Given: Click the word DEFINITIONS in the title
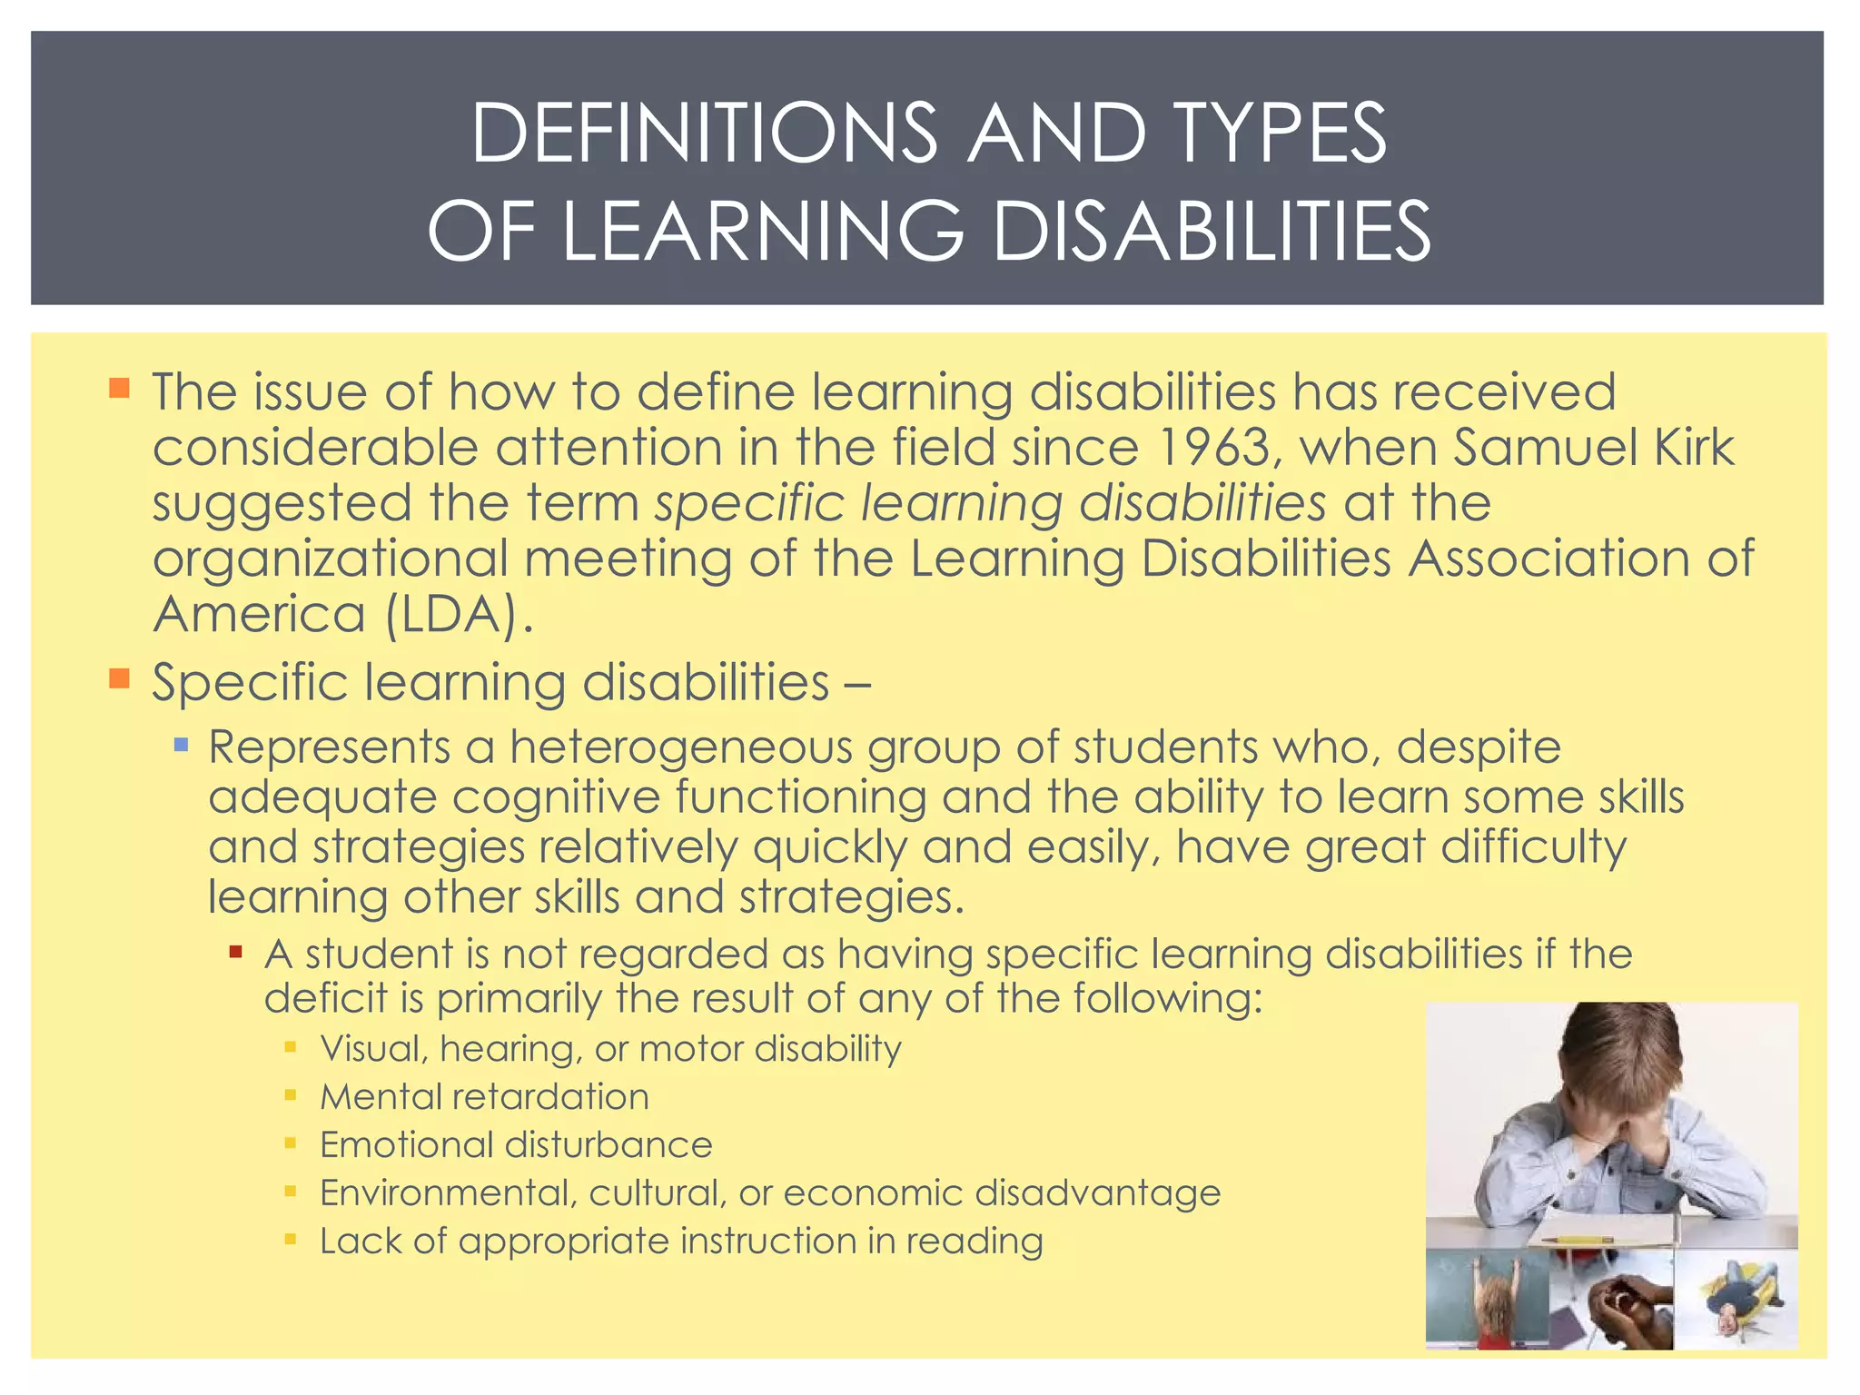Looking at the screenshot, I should coord(704,134).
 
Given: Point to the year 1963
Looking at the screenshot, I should coord(1214,448).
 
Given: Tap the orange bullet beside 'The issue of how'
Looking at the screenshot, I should coord(119,389).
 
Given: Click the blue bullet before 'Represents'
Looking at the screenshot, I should coord(181,746).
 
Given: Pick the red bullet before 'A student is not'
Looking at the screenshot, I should coord(236,953).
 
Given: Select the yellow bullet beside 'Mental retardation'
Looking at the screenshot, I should coord(291,1095).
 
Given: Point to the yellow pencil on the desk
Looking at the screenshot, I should coord(1581,1239).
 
